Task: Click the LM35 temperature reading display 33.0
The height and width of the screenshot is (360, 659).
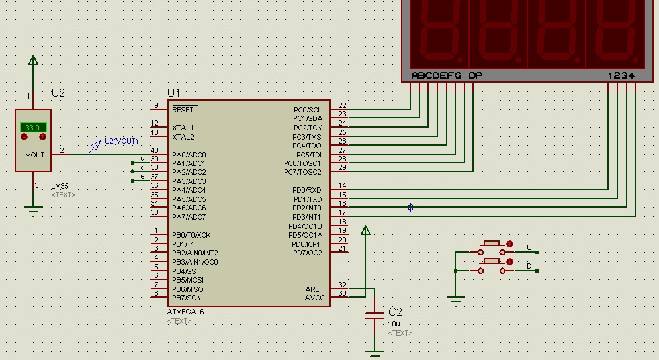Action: click(x=33, y=128)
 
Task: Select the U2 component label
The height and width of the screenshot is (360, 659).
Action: click(x=58, y=93)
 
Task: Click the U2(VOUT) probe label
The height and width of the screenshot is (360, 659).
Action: click(x=121, y=141)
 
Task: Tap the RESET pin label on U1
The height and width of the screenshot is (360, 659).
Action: click(x=183, y=110)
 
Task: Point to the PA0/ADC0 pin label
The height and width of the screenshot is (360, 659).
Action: click(x=189, y=155)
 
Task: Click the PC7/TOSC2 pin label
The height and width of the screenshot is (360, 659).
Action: click(x=302, y=172)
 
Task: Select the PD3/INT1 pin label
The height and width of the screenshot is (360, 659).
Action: click(x=307, y=217)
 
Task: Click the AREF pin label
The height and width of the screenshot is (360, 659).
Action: click(x=314, y=289)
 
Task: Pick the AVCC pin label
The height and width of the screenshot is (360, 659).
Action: click(x=314, y=298)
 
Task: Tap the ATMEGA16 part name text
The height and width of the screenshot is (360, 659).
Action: click(x=186, y=312)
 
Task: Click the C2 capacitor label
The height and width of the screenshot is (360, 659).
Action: click(x=396, y=312)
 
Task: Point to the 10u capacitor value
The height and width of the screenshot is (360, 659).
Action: click(x=394, y=324)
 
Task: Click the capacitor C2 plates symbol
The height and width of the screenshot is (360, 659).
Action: click(x=374, y=316)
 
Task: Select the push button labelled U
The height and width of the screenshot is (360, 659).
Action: click(x=492, y=247)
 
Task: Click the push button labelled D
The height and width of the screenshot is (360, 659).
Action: click(x=492, y=266)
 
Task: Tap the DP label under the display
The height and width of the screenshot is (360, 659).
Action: click(x=475, y=75)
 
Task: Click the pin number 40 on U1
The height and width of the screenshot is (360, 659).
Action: click(x=154, y=150)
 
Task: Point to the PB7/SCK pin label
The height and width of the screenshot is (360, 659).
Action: click(x=186, y=298)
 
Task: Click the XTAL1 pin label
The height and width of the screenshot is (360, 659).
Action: click(x=183, y=128)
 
